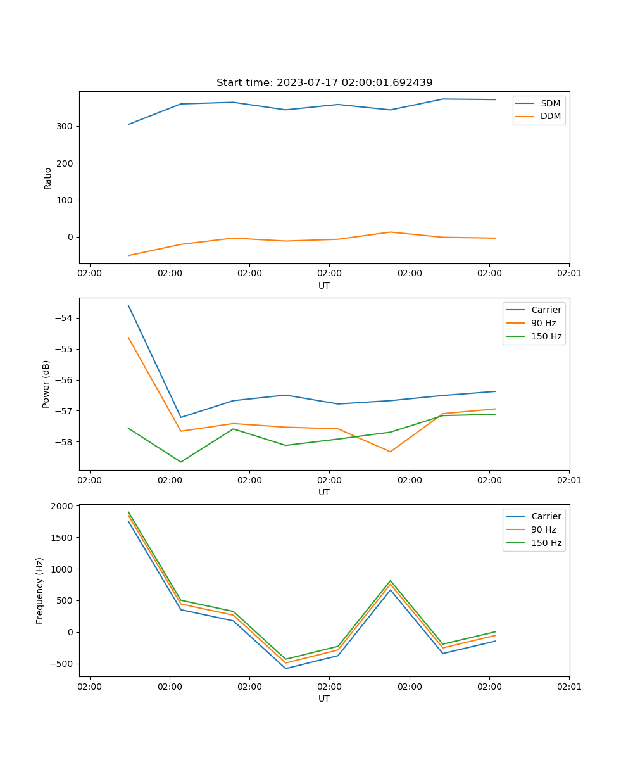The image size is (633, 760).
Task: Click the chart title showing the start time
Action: [324, 83]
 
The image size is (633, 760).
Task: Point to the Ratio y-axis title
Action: [48, 178]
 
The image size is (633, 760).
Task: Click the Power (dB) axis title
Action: [46, 384]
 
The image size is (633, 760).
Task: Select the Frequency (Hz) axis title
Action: [40, 590]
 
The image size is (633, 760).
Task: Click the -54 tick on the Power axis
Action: [66, 318]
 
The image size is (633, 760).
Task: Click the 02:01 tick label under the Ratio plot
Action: [568, 273]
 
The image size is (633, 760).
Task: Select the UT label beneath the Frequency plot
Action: [324, 699]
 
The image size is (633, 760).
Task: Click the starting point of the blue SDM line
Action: [128, 124]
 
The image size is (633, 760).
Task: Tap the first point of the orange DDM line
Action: [128, 256]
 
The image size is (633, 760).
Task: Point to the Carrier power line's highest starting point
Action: [128, 305]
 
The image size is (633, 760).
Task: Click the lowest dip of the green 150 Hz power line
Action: [181, 462]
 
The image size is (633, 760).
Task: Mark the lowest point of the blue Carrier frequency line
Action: [285, 668]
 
